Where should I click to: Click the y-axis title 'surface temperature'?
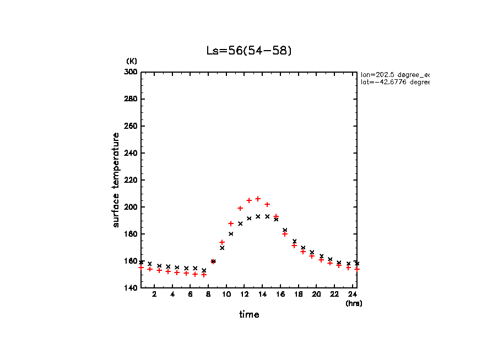[x=116, y=179]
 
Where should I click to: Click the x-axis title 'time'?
[x=248, y=314]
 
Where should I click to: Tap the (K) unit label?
[x=132, y=61]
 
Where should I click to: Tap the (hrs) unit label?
[x=354, y=303]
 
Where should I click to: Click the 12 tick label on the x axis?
[x=244, y=294]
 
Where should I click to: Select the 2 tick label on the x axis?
[x=154, y=294]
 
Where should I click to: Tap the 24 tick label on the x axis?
[x=352, y=294]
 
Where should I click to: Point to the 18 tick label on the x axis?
[x=298, y=294]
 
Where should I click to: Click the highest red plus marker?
[x=258, y=199]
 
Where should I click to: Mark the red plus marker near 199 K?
[x=240, y=208]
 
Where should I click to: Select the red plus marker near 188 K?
[x=231, y=223]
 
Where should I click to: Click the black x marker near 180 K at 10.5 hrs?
[x=231, y=234]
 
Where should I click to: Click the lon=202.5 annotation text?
[x=394, y=74]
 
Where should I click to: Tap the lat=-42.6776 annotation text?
[x=394, y=82]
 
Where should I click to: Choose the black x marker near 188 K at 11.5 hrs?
[x=240, y=223]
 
